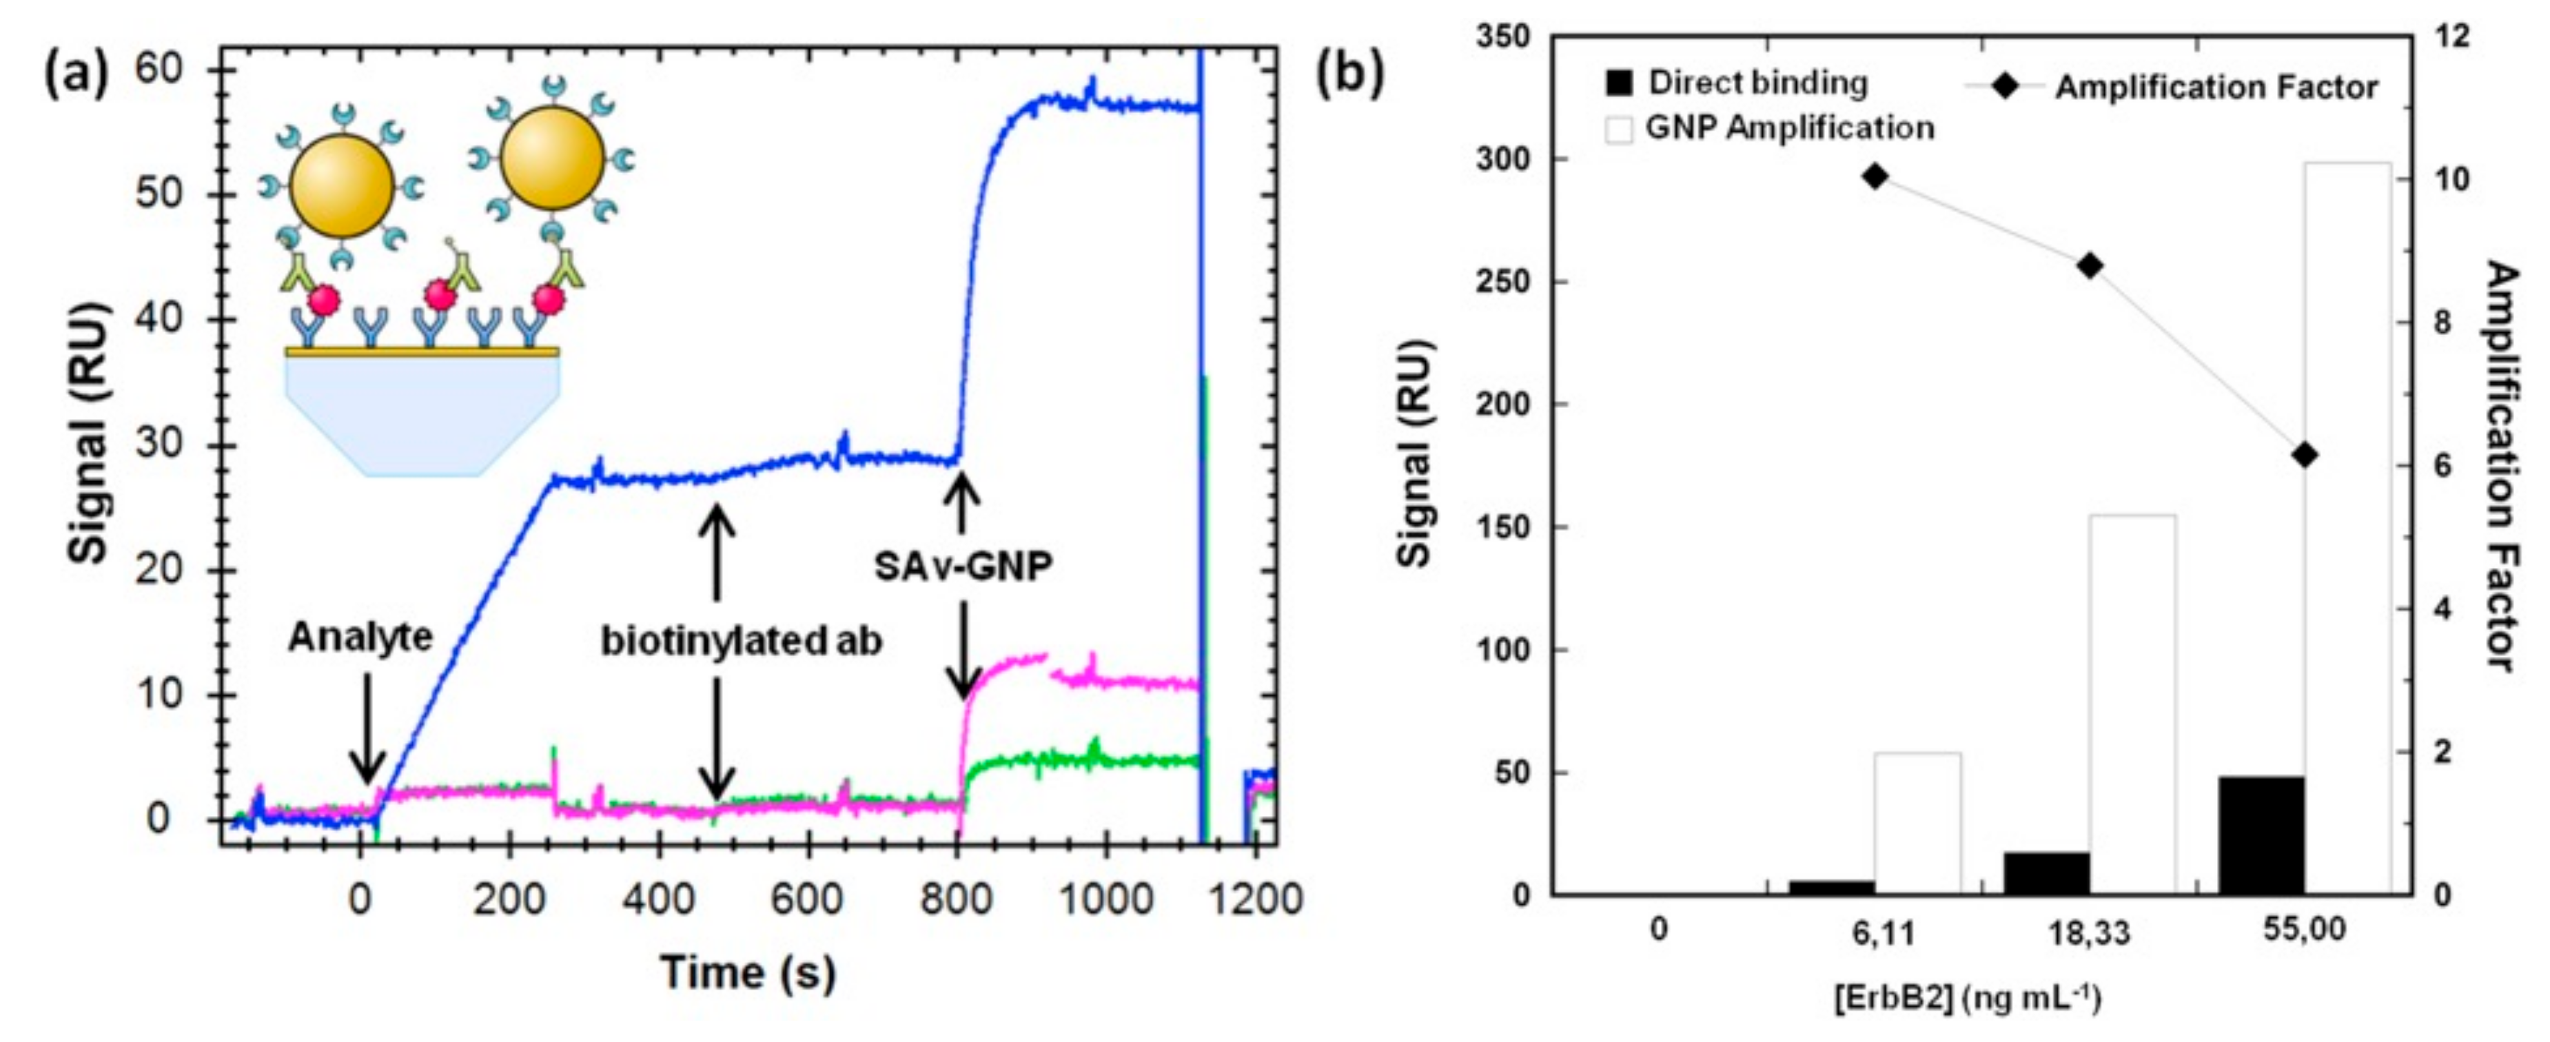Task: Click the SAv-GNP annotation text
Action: pyautogui.click(x=962, y=566)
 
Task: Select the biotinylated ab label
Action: pyautogui.click(x=742, y=641)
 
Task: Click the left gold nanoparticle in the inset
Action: pyautogui.click(x=343, y=186)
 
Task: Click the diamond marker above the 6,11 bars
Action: pyautogui.click(x=1875, y=177)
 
